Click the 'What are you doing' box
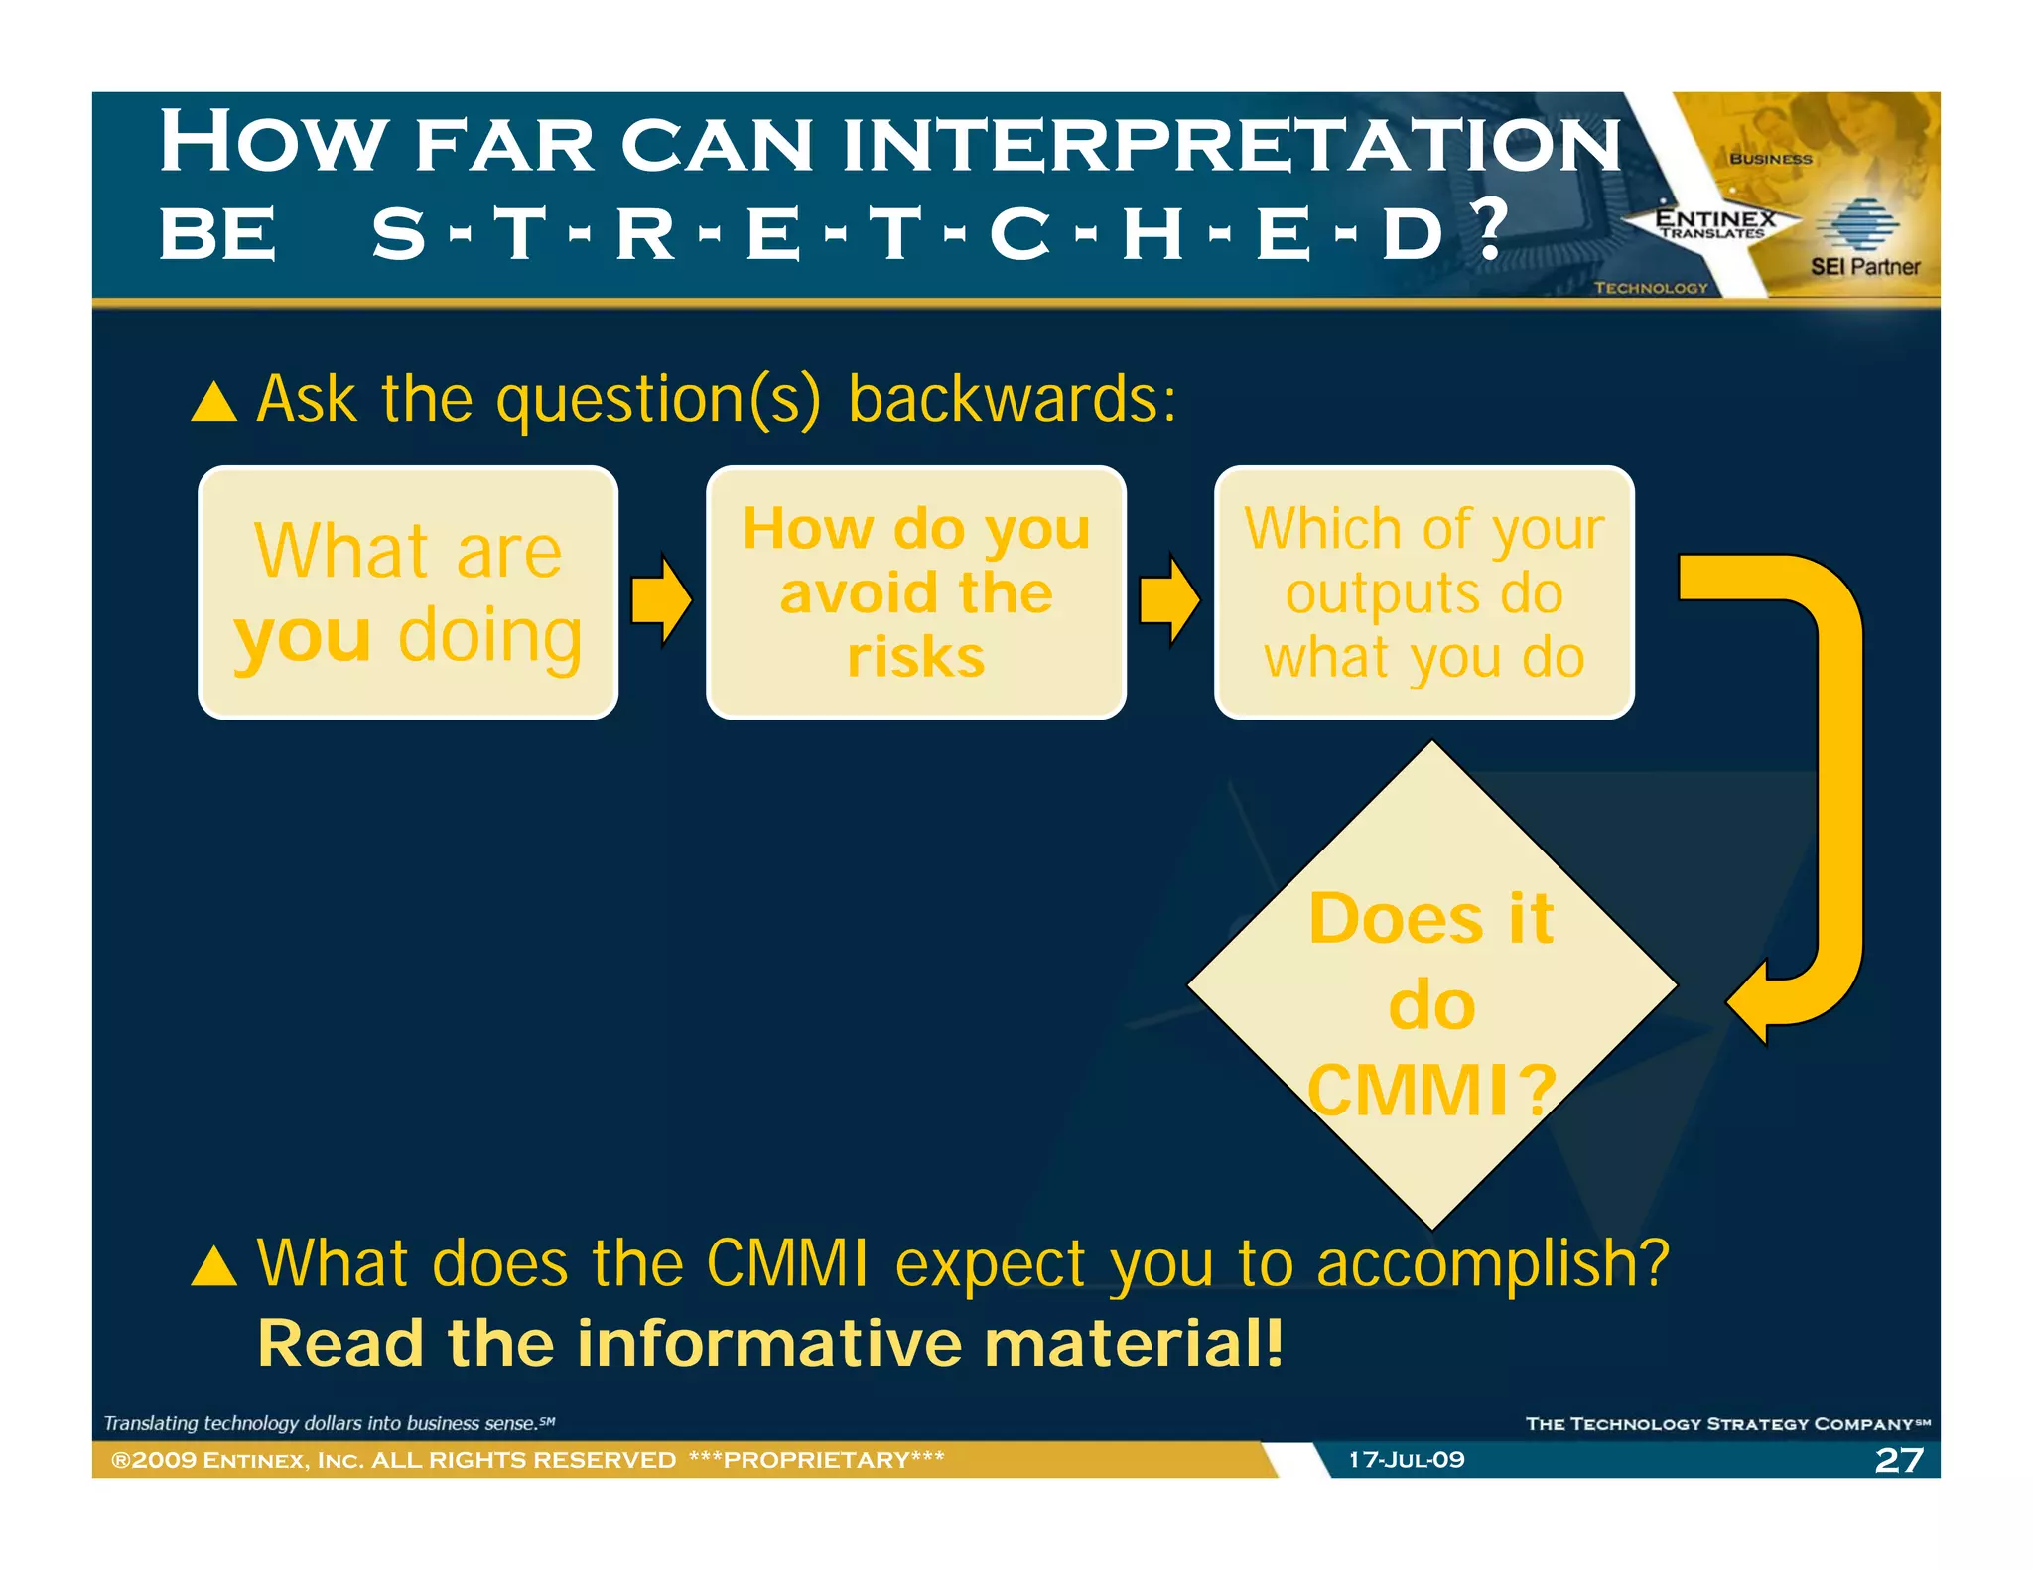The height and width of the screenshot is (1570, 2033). pyautogui.click(x=408, y=592)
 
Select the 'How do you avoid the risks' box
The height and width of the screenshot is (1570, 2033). pyautogui.click(x=915, y=592)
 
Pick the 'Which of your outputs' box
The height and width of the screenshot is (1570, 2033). pyautogui.click(x=1423, y=592)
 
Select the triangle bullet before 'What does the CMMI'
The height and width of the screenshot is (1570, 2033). pyautogui.click(x=213, y=1267)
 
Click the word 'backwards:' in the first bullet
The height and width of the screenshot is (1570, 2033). pyautogui.click(x=1013, y=399)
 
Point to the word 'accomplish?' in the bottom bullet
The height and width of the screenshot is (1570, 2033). pyautogui.click(x=1492, y=1264)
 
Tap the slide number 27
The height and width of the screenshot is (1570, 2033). pyautogui.click(x=1899, y=1460)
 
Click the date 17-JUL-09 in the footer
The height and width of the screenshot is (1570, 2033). pyautogui.click(x=1406, y=1460)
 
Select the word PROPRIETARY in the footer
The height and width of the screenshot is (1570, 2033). pyautogui.click(x=816, y=1460)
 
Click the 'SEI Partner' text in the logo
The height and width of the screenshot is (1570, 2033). pyautogui.click(x=1864, y=266)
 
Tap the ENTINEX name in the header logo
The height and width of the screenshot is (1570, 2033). pyautogui.click(x=1715, y=217)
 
